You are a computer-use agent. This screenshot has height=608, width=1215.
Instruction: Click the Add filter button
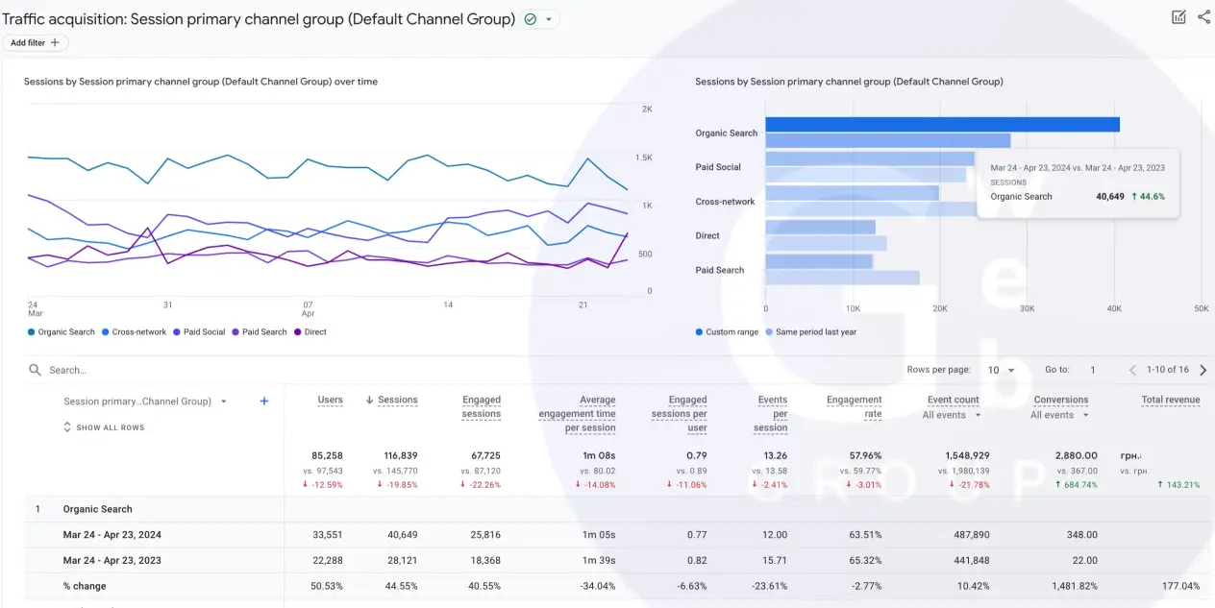coord(35,43)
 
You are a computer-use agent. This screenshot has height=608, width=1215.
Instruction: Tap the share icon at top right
coord(1203,17)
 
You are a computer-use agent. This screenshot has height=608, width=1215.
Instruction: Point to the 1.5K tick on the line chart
coord(643,158)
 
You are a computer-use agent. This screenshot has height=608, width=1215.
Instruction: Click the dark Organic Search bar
coord(942,125)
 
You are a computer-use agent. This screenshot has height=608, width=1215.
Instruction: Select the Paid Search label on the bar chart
coord(719,270)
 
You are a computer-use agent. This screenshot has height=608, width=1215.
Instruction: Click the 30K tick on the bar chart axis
coord(1027,309)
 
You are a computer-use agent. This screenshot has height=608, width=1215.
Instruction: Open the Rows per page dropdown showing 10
coord(1002,370)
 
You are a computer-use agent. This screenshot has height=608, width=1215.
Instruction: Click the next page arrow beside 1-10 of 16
coord(1203,370)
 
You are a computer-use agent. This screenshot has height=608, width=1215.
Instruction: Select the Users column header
coord(330,400)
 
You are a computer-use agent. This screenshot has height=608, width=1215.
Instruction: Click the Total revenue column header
coord(1170,400)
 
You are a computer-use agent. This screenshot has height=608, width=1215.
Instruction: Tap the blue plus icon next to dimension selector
coord(264,401)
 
